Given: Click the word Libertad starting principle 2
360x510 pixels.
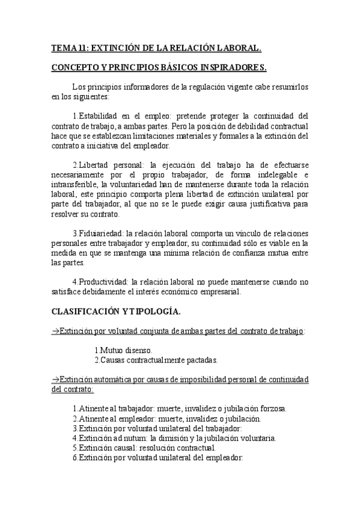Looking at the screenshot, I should pyautogui.click(x=97, y=165).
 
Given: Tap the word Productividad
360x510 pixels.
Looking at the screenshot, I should pyautogui.click(x=103, y=282).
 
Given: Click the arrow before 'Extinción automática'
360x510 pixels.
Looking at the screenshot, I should pyautogui.click(x=55, y=379).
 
